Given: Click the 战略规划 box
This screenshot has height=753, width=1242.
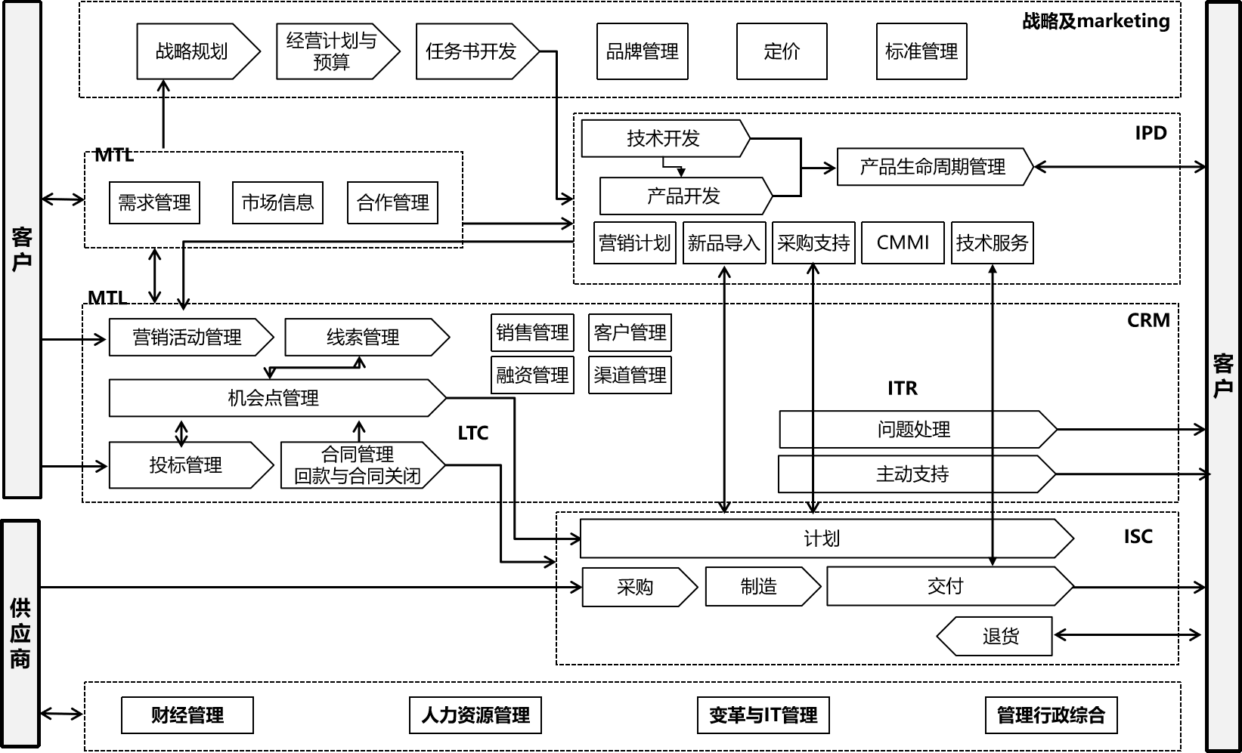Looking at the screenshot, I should pyautogui.click(x=192, y=51).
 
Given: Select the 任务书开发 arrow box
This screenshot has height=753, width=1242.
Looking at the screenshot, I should pyautogui.click(x=472, y=51).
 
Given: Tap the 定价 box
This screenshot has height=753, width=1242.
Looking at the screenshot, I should pyautogui.click(x=782, y=51).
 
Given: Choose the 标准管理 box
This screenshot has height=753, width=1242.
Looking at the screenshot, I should pyautogui.click(x=921, y=51).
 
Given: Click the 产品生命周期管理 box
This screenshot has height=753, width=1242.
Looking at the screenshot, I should pyautogui.click(x=933, y=167).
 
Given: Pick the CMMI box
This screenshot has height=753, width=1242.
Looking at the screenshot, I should pyautogui.click(x=903, y=242).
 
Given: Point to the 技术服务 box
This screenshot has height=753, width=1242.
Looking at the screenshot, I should pyautogui.click(x=992, y=242).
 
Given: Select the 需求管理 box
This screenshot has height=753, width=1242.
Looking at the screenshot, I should pyautogui.click(x=154, y=202).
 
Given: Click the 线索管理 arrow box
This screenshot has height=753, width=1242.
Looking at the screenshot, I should pyautogui.click(x=363, y=337).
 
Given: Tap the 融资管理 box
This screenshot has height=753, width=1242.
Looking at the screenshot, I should pyautogui.click(x=532, y=375).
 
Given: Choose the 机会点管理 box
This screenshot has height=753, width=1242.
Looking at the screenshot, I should pyautogui.click(x=274, y=398).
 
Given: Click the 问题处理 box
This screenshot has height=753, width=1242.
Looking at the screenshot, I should pyautogui.click(x=913, y=430).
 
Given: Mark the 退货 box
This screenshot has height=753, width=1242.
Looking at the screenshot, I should pyautogui.click(x=1000, y=636).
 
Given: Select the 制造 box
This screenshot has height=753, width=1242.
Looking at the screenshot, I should pyautogui.click(x=759, y=587).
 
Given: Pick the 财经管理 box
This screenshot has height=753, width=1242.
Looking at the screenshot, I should pyautogui.click(x=187, y=715).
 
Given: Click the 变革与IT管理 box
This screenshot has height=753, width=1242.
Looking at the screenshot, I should pyautogui.click(x=763, y=715).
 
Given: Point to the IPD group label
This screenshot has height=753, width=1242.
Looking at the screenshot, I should pyautogui.click(x=1151, y=133).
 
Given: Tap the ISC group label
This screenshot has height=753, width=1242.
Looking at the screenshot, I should pyautogui.click(x=1138, y=537).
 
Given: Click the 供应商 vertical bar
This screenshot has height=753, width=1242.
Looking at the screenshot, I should pyautogui.click(x=21, y=633).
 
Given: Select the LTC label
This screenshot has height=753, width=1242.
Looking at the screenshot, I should pyautogui.click(x=472, y=433).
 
